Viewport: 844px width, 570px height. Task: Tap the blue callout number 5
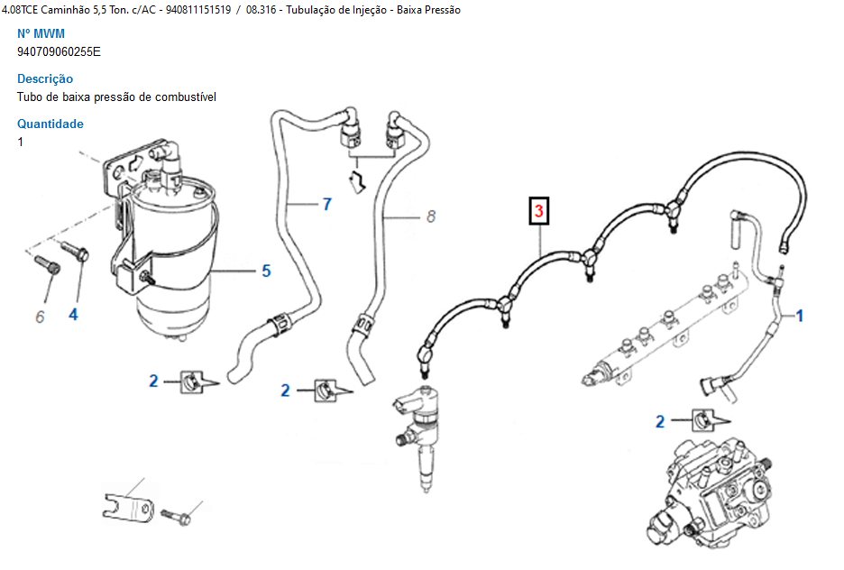[x=266, y=270]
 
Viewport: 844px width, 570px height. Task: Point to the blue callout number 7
[x=326, y=204]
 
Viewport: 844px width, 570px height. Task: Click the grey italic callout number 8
[x=431, y=216]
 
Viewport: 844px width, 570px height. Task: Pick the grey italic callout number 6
[x=40, y=317]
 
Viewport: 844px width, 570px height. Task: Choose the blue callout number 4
[x=73, y=314]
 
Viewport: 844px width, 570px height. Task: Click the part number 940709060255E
[x=59, y=51]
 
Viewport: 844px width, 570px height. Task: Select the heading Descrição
[x=45, y=78]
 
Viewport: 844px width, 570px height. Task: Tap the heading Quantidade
[x=50, y=124]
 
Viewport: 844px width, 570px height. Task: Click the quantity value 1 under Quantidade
[x=21, y=142]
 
